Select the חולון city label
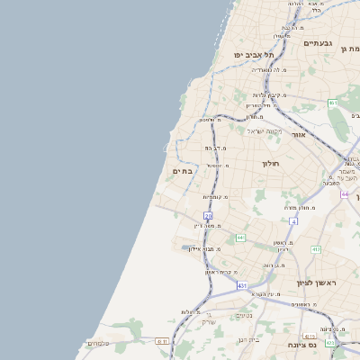[271, 164]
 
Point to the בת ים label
[182, 170]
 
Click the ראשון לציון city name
[319, 283]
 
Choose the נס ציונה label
[301, 345]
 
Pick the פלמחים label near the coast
[98, 343]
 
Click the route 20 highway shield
[208, 216]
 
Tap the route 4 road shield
[293, 220]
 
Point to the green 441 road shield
[240, 238]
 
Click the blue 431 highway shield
[242, 285]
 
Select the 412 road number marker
[317, 249]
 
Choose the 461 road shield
[333, 103]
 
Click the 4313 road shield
[330, 342]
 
